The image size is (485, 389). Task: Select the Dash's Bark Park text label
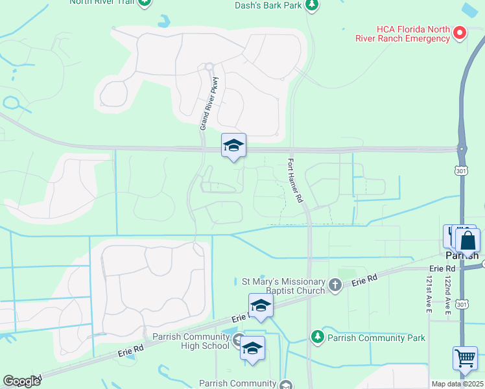[268, 5]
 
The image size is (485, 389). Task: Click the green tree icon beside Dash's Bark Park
[313, 5]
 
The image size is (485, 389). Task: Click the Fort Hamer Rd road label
[295, 183]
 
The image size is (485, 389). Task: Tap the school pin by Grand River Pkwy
[233, 146]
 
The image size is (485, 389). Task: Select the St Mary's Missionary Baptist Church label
[283, 286]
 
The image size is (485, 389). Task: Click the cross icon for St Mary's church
[335, 285]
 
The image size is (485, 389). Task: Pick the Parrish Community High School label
[191, 341]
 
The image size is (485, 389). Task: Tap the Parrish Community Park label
[376, 337]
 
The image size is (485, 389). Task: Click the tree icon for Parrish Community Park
[317, 336]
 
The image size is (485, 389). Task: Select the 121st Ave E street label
[429, 294]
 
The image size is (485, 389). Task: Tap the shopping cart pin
[465, 359]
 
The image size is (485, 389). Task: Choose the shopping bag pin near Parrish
[467, 241]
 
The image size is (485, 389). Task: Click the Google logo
[22, 381]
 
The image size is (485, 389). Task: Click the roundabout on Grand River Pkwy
[209, 66]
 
